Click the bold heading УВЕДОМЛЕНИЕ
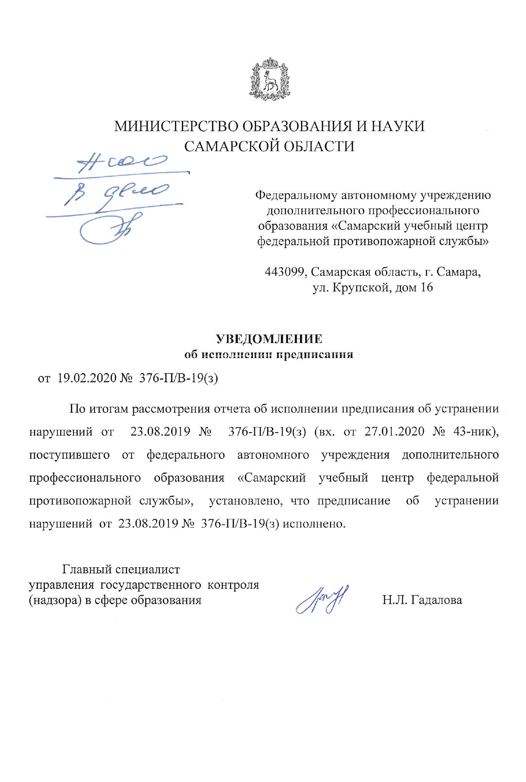coord(269,339)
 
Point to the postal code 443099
coord(286,272)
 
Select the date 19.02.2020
coord(87,379)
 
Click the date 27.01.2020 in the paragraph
coord(394,432)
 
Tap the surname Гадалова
coord(437,600)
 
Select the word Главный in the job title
coord(87,570)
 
